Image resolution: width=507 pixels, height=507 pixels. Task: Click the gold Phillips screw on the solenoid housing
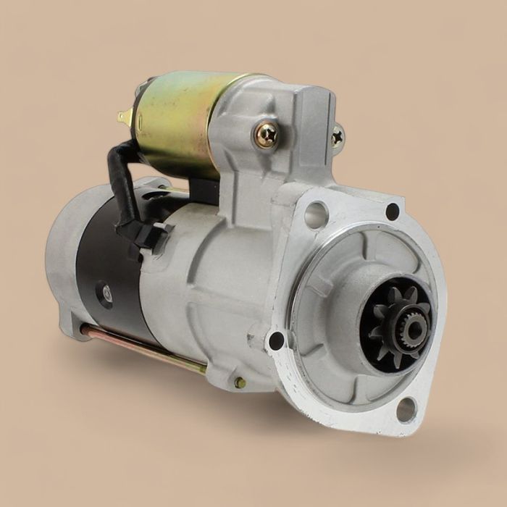pos(265,135)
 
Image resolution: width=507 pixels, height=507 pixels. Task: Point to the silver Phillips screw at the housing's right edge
pos(338,135)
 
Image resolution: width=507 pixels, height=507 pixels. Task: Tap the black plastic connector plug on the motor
pos(148,233)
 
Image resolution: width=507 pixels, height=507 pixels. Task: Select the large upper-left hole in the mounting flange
pos(316,214)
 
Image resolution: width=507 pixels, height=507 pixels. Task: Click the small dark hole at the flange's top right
pos(393,211)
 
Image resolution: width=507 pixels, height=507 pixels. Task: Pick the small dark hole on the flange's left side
pos(276,340)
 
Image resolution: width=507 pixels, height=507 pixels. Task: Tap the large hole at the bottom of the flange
pos(406,409)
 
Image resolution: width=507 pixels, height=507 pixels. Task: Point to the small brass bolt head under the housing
pos(240,382)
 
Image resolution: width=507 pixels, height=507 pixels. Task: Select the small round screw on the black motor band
pos(106,293)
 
